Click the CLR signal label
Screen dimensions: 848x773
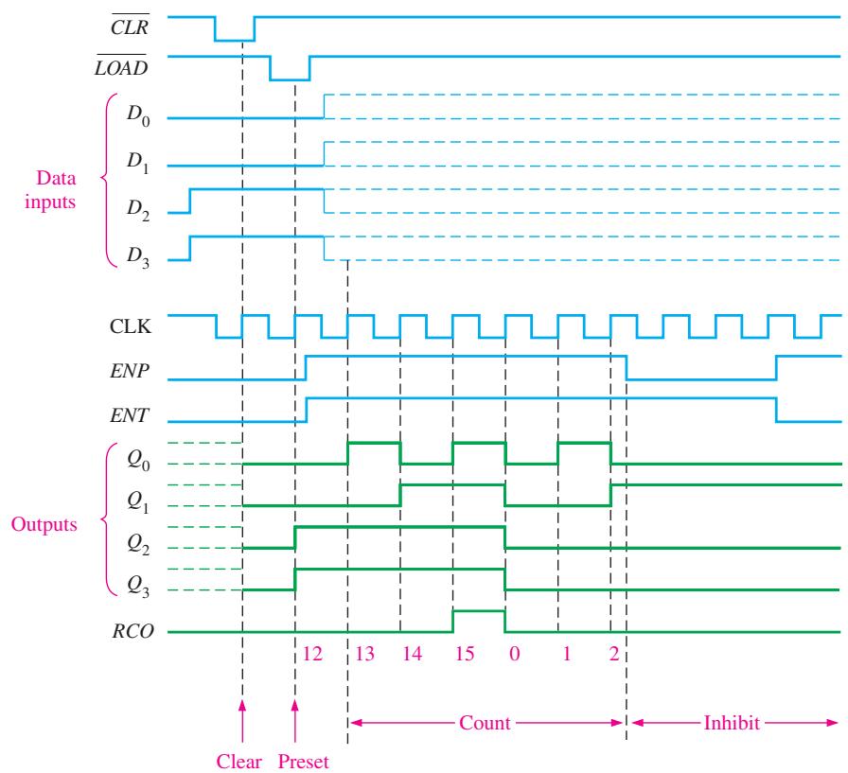click(130, 26)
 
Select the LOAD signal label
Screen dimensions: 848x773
click(121, 66)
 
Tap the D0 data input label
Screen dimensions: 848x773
click(138, 114)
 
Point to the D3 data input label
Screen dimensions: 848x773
click(138, 256)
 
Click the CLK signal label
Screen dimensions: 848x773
click(131, 326)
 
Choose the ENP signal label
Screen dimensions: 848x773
click(130, 371)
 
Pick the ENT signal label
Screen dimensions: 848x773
click(130, 415)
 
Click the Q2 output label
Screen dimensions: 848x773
click(138, 544)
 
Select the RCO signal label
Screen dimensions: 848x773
click(133, 631)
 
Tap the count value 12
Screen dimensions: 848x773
click(312, 654)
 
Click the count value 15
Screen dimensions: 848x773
click(465, 654)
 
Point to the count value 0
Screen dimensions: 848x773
click(514, 654)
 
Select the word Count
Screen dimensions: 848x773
click(485, 723)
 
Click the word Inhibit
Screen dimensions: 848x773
click(732, 723)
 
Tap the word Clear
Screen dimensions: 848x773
click(239, 762)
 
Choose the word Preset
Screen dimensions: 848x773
click(303, 762)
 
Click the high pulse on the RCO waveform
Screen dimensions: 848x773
click(479, 611)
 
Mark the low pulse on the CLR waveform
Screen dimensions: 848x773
click(235, 40)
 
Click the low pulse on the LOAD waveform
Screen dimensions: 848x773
click(290, 80)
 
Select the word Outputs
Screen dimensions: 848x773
click(44, 524)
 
